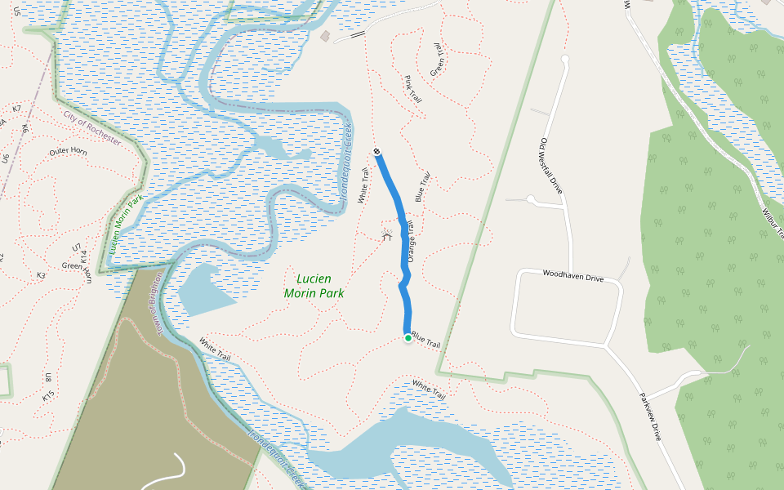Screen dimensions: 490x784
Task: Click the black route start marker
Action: click(x=377, y=152)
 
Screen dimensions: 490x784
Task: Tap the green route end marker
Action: click(x=408, y=337)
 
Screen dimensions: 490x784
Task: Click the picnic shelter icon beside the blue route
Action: click(x=387, y=236)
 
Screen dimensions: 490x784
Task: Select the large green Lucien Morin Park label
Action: click(x=314, y=285)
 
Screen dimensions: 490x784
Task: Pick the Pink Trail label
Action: click(x=412, y=89)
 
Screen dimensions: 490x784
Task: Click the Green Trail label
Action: click(x=438, y=60)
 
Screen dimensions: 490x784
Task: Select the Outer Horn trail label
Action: click(x=68, y=152)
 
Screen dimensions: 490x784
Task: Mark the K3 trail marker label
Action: click(x=41, y=276)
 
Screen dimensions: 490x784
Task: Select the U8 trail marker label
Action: click(x=48, y=378)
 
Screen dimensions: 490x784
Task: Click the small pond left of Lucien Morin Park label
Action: click(x=205, y=290)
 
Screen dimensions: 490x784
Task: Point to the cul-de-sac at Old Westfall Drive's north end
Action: click(x=565, y=60)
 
